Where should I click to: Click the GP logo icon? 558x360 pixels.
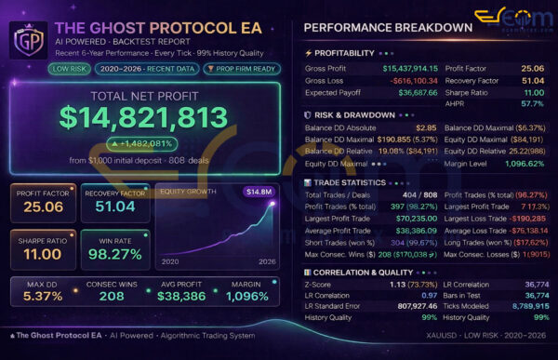click(27, 40)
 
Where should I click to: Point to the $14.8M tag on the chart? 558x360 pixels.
click(259, 192)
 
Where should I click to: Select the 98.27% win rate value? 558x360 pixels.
click(115, 254)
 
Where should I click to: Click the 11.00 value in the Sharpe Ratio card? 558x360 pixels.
click(43, 254)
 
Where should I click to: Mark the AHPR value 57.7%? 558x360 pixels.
click(534, 106)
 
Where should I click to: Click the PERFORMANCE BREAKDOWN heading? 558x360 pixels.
click(387, 27)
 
